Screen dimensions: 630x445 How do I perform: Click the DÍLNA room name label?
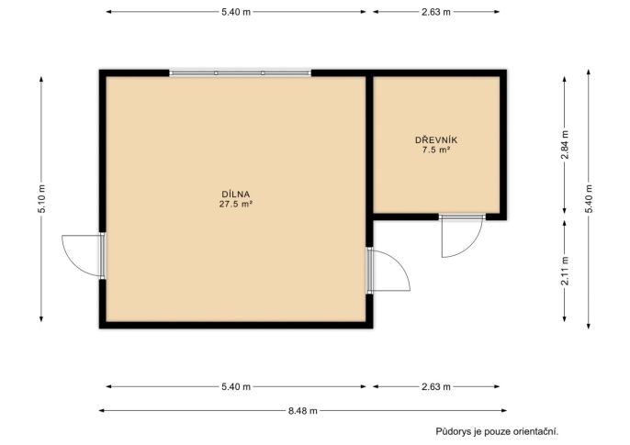(235, 195)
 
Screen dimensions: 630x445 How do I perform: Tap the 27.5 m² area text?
(235, 204)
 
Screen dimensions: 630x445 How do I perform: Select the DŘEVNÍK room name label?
(436, 140)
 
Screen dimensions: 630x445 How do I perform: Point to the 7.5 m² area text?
(436, 150)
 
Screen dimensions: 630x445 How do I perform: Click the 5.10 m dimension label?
(41, 198)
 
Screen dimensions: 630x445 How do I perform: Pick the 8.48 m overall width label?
(302, 411)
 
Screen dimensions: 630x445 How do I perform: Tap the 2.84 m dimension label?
(565, 145)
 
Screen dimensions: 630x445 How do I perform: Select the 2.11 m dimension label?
(565, 271)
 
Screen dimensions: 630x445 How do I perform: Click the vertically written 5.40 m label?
(589, 198)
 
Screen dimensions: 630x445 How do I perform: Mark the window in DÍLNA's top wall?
(240, 73)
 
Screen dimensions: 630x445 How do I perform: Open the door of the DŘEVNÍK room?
(462, 236)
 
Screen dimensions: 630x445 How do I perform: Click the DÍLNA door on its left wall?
(84, 256)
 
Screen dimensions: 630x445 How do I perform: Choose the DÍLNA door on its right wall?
(388, 271)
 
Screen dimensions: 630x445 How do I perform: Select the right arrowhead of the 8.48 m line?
(504, 411)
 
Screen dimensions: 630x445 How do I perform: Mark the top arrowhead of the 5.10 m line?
(41, 79)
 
